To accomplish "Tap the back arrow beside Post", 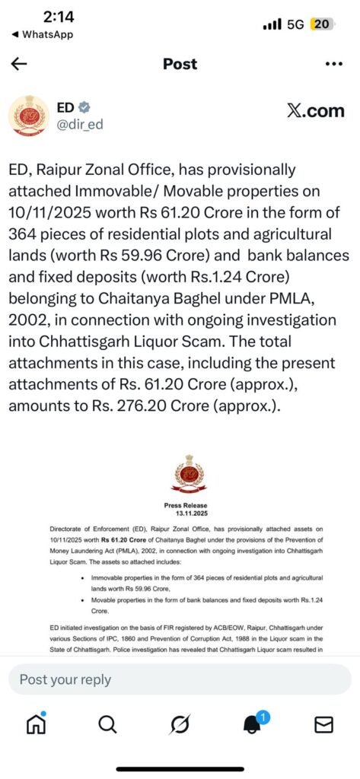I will click(x=19, y=64).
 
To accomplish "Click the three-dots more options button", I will click(x=334, y=64).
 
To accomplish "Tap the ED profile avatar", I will click(x=27, y=114).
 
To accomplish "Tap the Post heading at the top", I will click(x=180, y=64).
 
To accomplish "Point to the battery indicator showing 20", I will click(x=321, y=24).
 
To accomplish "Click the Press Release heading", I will click(x=185, y=504).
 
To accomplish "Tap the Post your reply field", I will click(x=180, y=679).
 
